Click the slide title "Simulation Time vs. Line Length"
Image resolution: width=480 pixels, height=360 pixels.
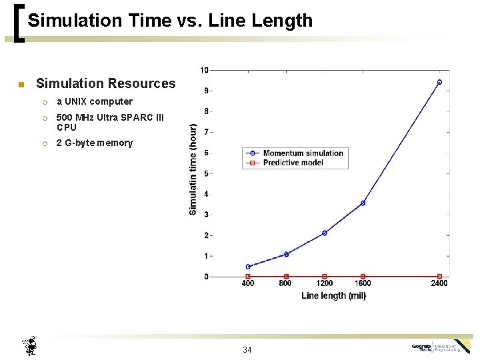coord(170,21)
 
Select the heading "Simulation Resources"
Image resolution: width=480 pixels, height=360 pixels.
coord(105,83)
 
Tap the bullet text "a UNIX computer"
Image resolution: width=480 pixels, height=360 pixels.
coord(94,102)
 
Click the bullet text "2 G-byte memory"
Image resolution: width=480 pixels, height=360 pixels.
coord(94,143)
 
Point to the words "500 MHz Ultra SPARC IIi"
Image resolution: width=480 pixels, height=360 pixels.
coord(110,118)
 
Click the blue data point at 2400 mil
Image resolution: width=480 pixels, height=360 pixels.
coord(439,82)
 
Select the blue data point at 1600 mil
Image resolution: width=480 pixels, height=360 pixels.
coord(363,203)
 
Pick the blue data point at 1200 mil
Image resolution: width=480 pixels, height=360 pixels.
coord(325,233)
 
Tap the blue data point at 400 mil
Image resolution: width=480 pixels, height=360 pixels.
coord(248,267)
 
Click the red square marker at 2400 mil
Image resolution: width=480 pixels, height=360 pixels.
coord(439,276)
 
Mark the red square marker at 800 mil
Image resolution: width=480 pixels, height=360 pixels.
coord(286,276)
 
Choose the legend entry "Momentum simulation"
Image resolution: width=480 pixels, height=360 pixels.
coord(303,153)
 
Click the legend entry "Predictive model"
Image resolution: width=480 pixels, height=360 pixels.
coord(293,163)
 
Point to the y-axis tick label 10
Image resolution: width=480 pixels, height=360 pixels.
coord(204,70)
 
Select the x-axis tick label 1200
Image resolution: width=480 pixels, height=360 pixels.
coord(325,284)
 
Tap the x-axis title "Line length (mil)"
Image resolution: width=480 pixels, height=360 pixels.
coord(333,295)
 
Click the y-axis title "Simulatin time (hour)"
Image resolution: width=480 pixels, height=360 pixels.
coord(193,169)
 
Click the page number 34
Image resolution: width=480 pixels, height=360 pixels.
coord(247,350)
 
